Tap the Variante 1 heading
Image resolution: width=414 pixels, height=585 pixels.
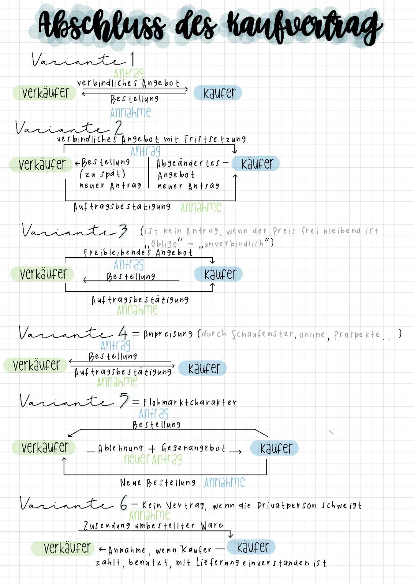point(83,60)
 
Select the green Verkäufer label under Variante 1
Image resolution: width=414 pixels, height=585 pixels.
point(45,93)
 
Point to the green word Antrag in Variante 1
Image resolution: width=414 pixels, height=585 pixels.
point(129,73)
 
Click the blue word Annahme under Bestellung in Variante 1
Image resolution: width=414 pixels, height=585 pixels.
point(130,112)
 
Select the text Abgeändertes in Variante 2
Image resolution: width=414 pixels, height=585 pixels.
point(188,163)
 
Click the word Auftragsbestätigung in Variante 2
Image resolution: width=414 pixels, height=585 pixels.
point(122,207)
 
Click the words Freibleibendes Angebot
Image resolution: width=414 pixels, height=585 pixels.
point(138,252)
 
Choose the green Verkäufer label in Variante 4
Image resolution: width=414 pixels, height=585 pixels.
point(36,365)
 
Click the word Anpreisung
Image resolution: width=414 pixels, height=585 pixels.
point(168,334)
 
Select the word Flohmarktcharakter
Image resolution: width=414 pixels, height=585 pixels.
point(190,403)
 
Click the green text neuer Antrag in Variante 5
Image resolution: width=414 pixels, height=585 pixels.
point(153,459)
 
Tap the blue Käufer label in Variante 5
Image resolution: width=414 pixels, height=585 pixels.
point(274,448)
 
